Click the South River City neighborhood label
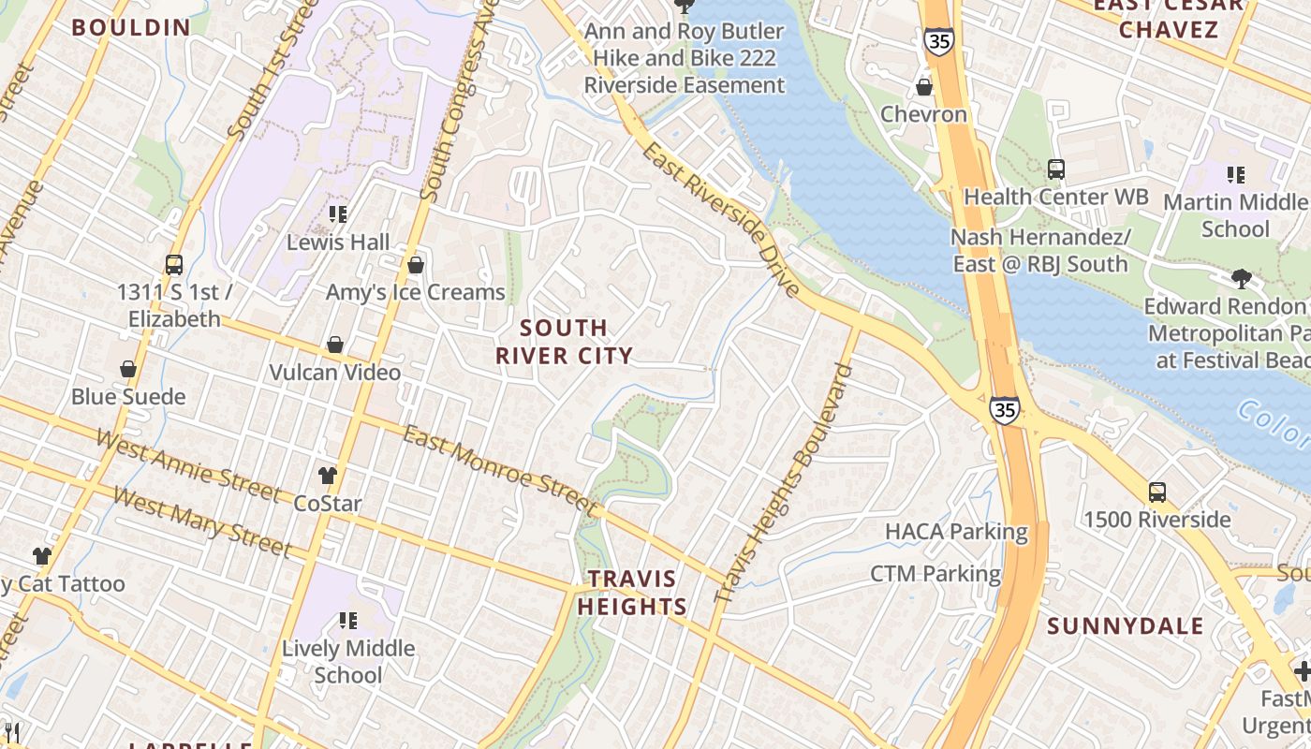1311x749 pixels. coord(564,342)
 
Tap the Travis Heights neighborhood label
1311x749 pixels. coord(631,593)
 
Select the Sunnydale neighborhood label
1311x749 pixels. coord(1125,626)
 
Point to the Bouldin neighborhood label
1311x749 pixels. coord(131,27)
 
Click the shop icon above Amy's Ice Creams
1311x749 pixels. coord(416,266)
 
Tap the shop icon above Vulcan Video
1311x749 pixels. coord(334,345)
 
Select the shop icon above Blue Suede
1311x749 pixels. coord(128,370)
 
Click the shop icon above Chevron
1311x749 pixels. coord(924,88)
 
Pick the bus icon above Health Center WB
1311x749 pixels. coord(1056,169)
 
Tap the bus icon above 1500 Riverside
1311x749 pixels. coord(1157,492)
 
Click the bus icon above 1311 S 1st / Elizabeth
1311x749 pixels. coord(174,265)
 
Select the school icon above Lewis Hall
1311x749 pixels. coord(338,214)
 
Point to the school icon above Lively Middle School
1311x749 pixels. coord(348,620)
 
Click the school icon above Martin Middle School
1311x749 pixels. coord(1236,174)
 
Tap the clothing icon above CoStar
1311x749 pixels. coord(327,476)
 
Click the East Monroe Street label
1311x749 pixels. coord(500,471)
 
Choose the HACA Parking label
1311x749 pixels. coord(956,532)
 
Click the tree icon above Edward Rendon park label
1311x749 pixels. coord(1242,278)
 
